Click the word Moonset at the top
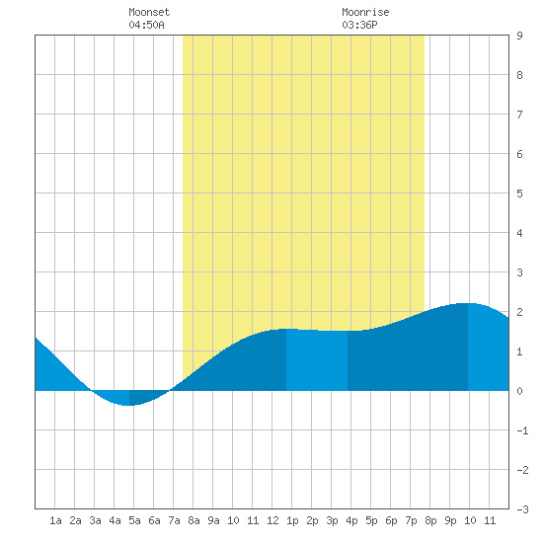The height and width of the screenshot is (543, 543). pos(149,12)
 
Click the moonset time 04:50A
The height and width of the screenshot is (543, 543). pos(146,25)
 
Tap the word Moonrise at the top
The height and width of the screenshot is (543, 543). pos(365,12)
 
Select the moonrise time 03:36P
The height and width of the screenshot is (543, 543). pos(359,25)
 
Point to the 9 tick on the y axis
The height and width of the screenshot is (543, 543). pos(519,36)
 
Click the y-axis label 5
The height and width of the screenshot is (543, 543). pos(519,194)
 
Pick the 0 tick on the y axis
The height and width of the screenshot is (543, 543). pos(519,391)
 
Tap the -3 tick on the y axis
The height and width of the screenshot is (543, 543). pos(522,509)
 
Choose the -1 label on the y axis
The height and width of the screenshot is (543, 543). pos(522,430)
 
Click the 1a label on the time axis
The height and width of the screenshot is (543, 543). pos(55,520)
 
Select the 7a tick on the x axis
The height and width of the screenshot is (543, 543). pos(174,520)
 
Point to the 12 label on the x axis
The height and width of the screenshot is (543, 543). pos(272,520)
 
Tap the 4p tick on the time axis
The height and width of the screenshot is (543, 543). pos(351,520)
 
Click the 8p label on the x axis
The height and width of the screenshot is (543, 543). pos(430,520)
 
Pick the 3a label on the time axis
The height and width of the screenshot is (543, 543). pos(95,520)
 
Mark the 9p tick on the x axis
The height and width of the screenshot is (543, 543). pos(450,520)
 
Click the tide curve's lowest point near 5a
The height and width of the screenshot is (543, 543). pos(128,405)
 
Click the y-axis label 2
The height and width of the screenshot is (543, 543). pos(519,312)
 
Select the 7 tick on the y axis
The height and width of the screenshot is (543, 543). pos(519,115)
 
